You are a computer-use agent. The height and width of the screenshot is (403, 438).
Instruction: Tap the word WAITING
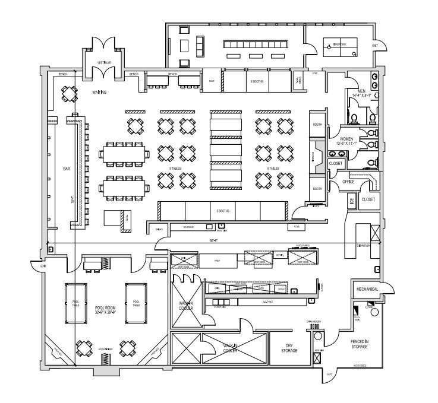tap(99, 93)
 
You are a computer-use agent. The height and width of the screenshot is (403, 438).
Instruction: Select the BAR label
tap(67, 169)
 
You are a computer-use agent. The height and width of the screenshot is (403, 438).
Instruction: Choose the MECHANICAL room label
tap(367, 289)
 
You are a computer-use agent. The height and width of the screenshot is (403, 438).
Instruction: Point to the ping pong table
tap(339, 46)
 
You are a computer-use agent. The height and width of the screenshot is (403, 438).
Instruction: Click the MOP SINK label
tap(318, 350)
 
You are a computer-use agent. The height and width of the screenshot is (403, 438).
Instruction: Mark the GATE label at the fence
tap(329, 375)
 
